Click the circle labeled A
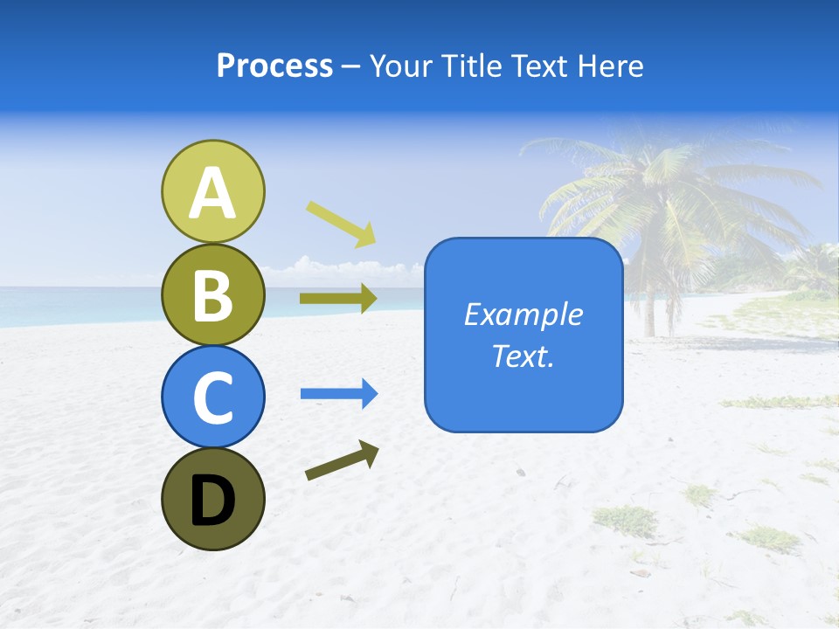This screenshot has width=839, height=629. [212, 190]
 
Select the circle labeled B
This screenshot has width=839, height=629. [212, 294]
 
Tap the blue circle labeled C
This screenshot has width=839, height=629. [212, 397]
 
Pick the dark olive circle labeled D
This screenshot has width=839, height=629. [212, 499]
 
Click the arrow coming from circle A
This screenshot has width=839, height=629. [341, 223]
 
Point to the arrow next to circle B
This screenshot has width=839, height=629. [338, 299]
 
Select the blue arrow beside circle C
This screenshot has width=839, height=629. [338, 394]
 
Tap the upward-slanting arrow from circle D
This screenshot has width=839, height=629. [342, 461]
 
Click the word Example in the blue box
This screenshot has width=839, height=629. [524, 314]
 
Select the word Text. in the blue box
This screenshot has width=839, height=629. [524, 356]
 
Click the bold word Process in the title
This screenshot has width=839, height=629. [274, 66]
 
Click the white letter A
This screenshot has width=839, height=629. [212, 193]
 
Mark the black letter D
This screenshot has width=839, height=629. [212, 501]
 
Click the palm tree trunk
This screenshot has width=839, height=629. [649, 297]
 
